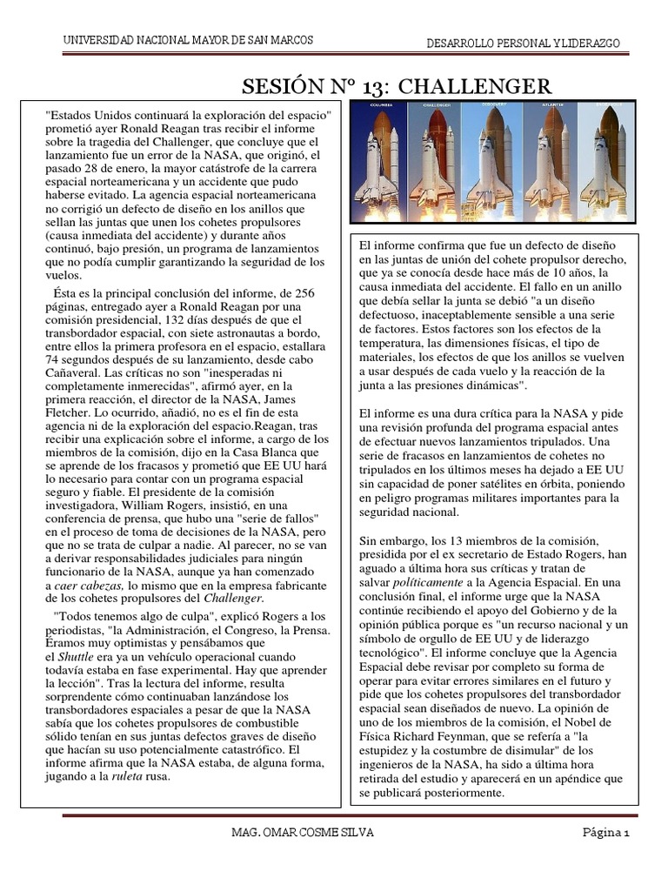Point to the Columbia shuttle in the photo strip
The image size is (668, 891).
point(380,161)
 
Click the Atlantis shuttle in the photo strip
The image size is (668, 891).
point(547,161)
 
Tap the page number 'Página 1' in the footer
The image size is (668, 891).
point(605,833)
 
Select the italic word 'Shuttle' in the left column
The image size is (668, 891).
point(79,656)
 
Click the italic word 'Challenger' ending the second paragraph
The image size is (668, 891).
point(233,598)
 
